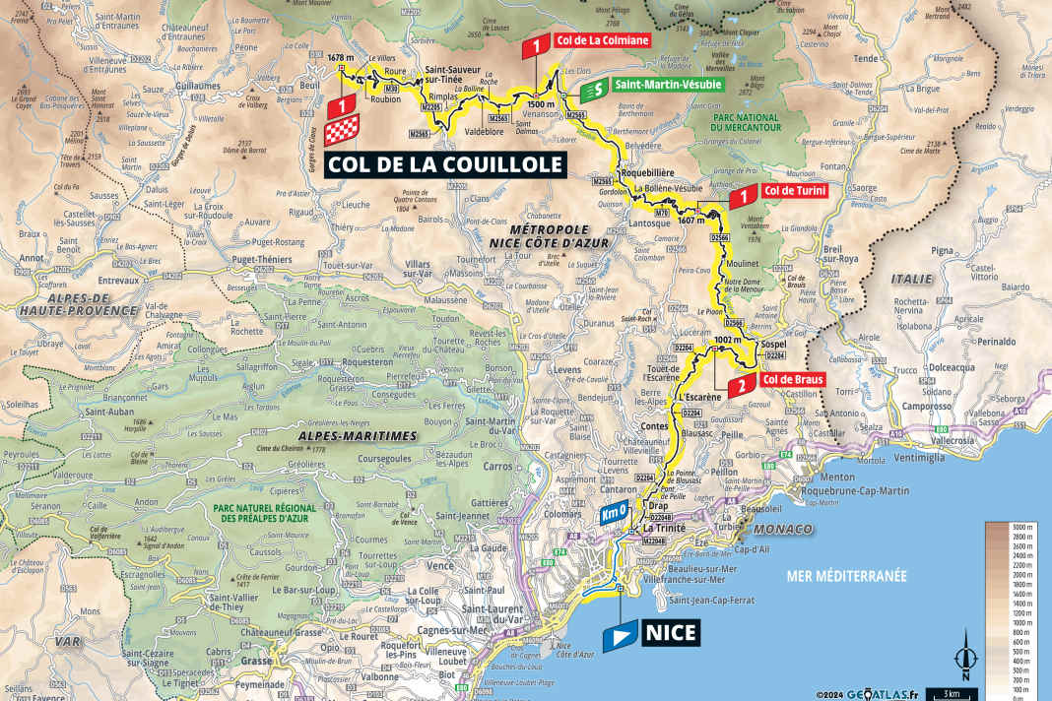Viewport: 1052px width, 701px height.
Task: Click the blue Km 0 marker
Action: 614,514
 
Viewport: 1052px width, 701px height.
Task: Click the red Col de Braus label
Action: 786,379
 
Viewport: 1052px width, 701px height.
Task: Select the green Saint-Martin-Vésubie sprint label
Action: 667,86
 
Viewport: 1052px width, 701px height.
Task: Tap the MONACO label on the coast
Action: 790,530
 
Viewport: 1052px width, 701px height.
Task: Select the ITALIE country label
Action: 911,279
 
